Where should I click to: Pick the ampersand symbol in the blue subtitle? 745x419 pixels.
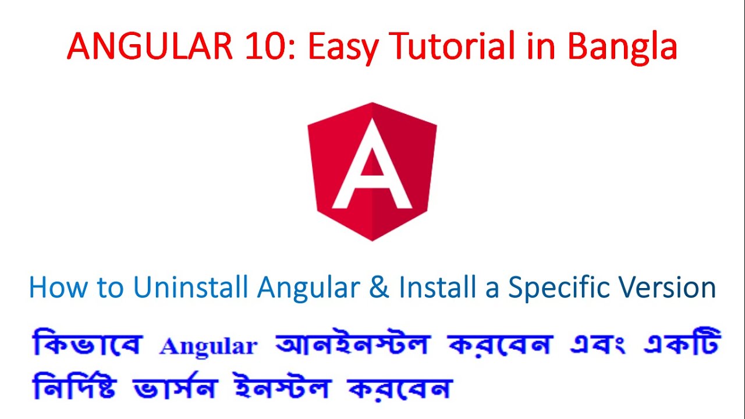point(379,287)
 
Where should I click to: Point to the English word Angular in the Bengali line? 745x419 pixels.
point(208,346)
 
